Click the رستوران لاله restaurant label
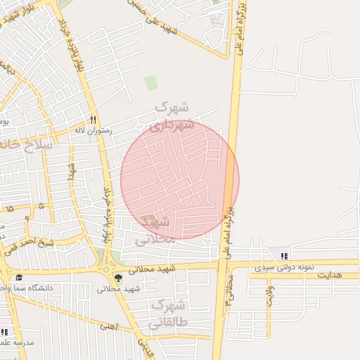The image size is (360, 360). pos(89,131)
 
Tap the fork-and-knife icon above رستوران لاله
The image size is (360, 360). pos(93,120)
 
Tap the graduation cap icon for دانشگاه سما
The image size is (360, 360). pos(18,278)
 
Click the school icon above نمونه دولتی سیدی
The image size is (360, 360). pos(283,256)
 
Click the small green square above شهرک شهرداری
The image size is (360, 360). pos(150,83)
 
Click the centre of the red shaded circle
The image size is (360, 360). pos(180,179)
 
